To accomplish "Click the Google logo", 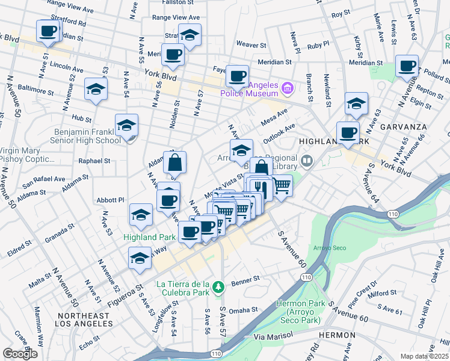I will tap(20, 354).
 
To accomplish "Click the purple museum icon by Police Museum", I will tap(287, 89).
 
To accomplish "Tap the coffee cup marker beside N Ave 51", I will tap(48, 31).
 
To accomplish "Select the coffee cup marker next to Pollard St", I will tap(407, 66).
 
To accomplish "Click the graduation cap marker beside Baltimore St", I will tap(96, 90).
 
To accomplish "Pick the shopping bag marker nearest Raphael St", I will tap(174, 162).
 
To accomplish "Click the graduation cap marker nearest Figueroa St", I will tap(140, 258).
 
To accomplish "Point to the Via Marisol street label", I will tap(272, 339).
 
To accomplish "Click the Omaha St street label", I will tap(243, 310).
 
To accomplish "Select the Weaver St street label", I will tap(251, 45).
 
